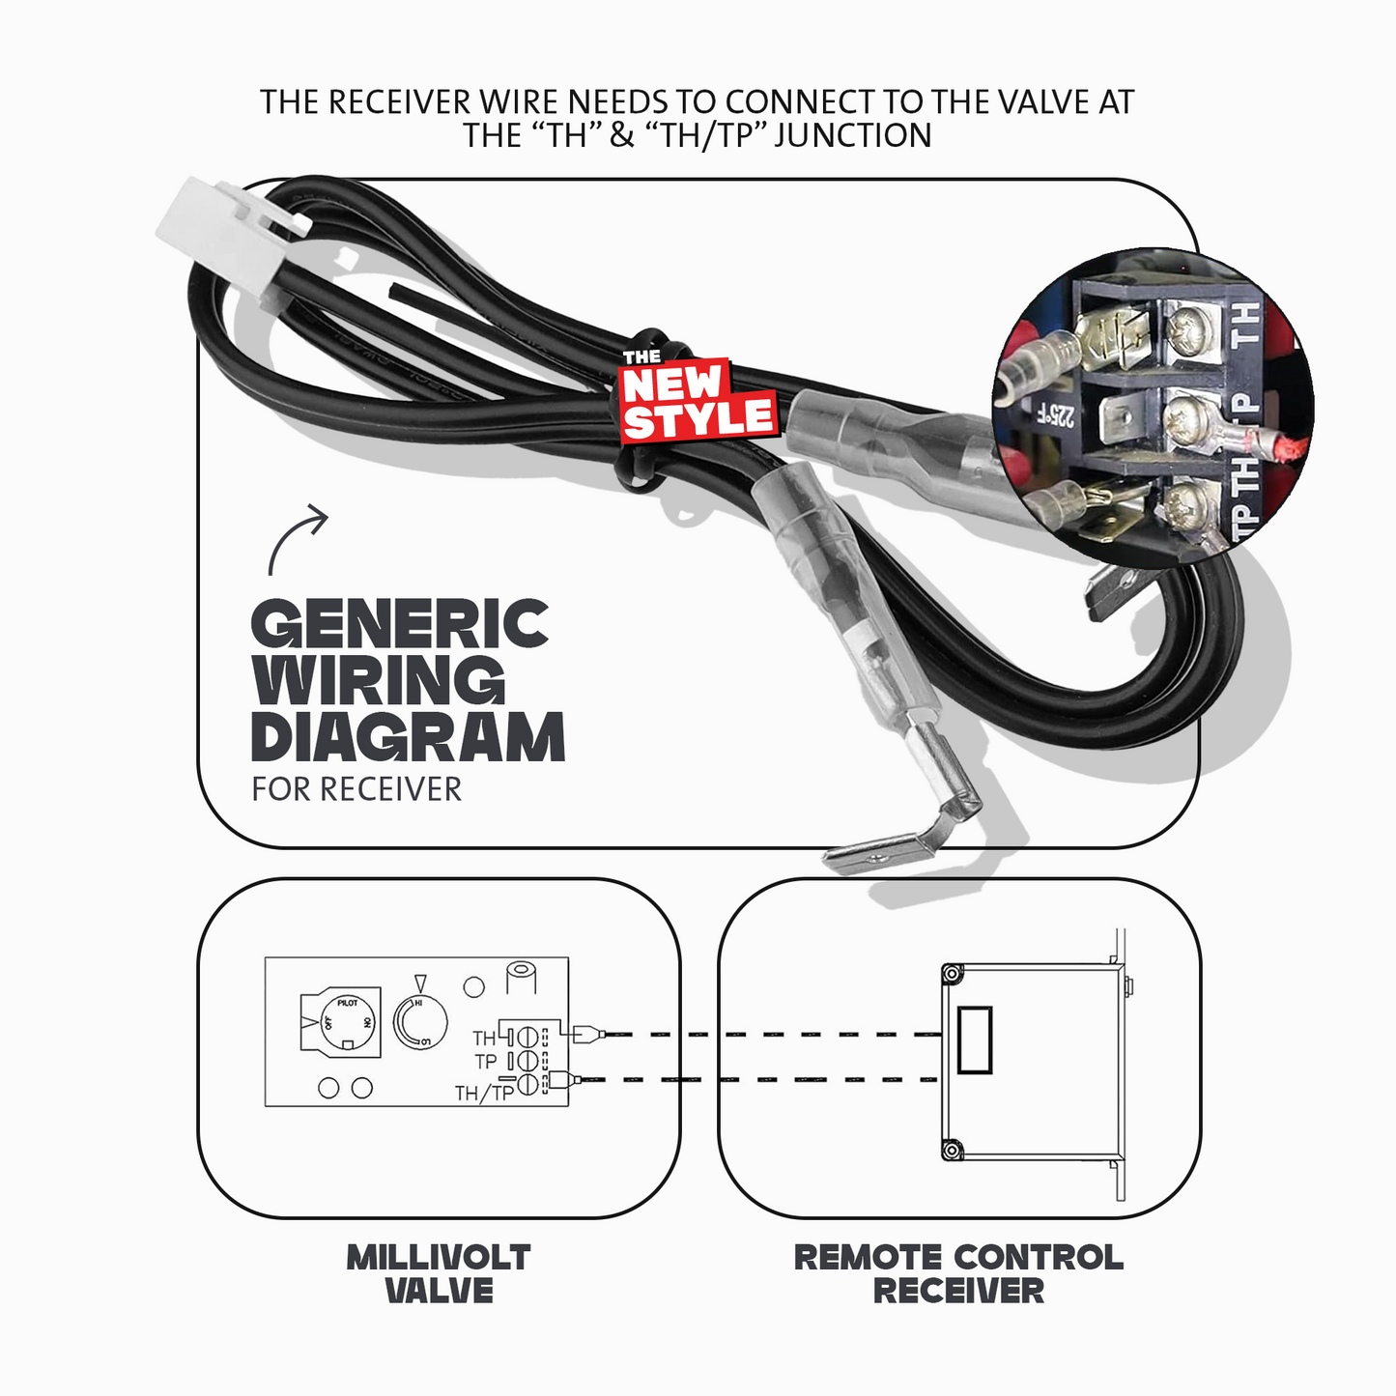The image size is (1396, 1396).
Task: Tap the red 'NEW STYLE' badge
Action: point(698,400)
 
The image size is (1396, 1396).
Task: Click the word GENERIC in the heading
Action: point(400,624)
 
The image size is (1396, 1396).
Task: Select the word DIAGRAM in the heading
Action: point(408,737)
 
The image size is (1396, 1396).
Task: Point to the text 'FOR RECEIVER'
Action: point(356,789)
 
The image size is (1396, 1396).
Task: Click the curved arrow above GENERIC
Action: point(297,536)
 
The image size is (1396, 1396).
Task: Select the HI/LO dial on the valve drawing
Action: point(420,1024)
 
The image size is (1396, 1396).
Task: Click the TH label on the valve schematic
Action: point(483,1039)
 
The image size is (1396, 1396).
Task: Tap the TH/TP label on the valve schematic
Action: point(484,1094)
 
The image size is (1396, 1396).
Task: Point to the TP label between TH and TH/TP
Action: point(486,1062)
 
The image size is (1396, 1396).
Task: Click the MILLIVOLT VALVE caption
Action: point(440,1273)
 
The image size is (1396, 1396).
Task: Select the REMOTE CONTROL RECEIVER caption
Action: point(958,1273)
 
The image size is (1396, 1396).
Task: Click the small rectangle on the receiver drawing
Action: point(974,1040)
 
